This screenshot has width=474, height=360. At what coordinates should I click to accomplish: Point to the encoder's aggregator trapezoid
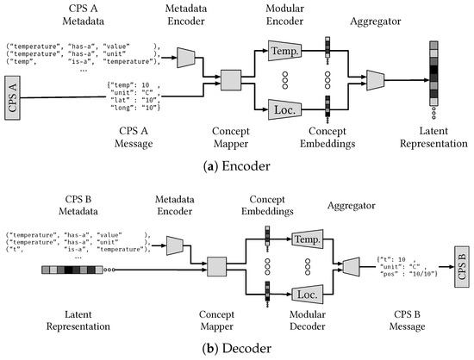pos(374,79)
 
